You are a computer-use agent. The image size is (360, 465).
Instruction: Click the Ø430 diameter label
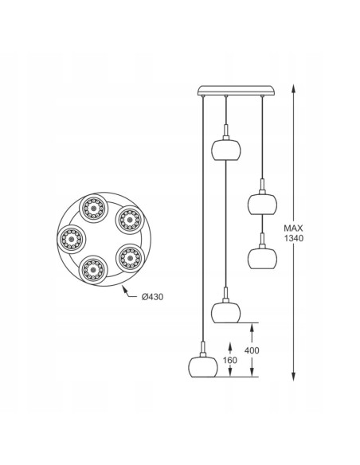pos(152,297)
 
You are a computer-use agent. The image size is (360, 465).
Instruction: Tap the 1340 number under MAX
pos(294,238)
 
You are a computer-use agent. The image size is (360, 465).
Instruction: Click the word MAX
pos(294,228)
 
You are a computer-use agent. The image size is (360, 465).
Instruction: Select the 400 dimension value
pos(252,350)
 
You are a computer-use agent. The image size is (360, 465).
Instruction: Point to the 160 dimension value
pos(230,360)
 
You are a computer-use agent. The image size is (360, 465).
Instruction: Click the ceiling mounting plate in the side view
pos(236,91)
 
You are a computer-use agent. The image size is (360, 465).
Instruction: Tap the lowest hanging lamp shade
pos(203,366)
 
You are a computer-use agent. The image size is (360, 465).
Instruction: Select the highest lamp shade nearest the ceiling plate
pos(226,150)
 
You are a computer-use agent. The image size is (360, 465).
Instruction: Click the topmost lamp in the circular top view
pos(93,209)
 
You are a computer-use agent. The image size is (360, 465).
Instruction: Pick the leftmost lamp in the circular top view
pos(71,239)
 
